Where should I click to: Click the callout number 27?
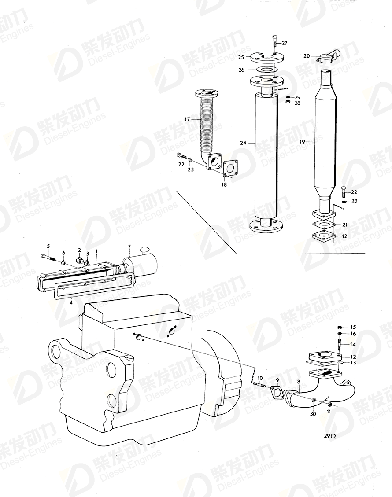285,43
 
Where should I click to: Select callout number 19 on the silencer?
302,142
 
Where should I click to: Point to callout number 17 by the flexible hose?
187,119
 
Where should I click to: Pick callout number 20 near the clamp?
307,56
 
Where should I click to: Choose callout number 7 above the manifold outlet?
129,246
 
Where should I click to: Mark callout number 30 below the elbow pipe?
313,414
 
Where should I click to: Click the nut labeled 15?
339,327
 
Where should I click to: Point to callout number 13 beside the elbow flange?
353,363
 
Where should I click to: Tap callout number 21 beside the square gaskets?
345,225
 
